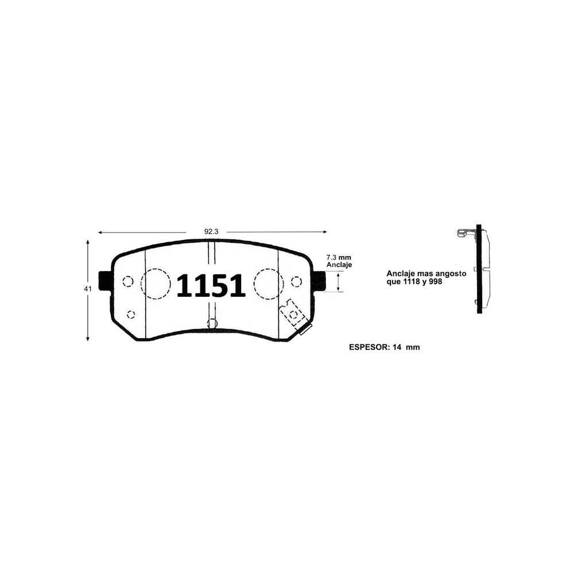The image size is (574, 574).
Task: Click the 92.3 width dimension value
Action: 211,232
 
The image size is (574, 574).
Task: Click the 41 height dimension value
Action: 88,289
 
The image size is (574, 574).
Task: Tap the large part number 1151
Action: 211,285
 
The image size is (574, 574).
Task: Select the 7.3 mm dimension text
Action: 339,257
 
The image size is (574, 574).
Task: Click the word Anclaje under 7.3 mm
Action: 339,265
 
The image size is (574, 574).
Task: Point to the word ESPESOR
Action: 369,347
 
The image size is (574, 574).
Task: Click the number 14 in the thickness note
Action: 397,347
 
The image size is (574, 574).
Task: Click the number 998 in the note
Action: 436,281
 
